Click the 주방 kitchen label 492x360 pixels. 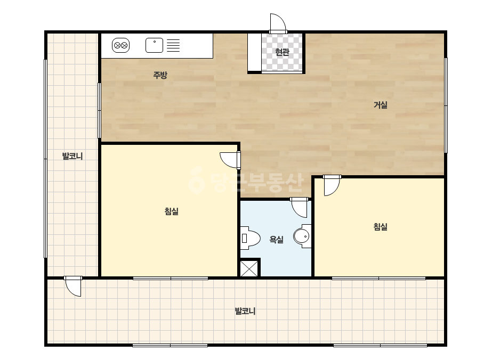click(x=160, y=75)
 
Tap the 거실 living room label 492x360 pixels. click(x=380, y=105)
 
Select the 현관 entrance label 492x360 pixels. click(x=282, y=52)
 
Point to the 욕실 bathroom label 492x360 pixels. click(x=277, y=240)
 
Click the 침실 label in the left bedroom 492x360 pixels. click(x=171, y=211)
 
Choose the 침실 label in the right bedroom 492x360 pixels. click(x=380, y=226)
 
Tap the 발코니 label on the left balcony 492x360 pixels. click(x=72, y=156)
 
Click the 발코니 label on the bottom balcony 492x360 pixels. click(x=245, y=311)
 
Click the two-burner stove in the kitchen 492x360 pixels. click(x=121, y=45)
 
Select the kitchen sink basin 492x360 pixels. click(x=155, y=45)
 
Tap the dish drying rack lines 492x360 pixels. click(x=173, y=45)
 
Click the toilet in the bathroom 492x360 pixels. click(x=250, y=238)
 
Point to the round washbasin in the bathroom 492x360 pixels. click(x=302, y=236)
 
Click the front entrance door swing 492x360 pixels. click(x=278, y=23)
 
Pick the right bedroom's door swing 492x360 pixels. click(x=332, y=186)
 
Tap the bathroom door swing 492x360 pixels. click(x=300, y=207)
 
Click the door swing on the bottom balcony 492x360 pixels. click(x=73, y=287)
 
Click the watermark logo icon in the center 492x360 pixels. click(x=196, y=180)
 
